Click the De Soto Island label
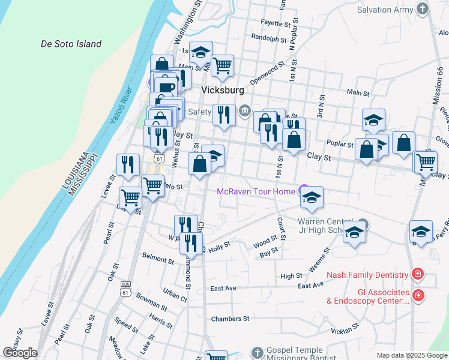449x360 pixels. (71, 44)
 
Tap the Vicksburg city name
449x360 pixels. (222, 90)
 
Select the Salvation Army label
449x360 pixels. (384, 10)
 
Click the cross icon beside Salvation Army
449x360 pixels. (423, 9)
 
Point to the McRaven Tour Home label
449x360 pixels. (256, 191)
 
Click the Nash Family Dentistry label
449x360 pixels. (367, 275)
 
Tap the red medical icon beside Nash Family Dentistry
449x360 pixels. (418, 275)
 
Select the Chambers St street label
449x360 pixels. (230, 319)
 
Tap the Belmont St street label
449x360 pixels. (158, 259)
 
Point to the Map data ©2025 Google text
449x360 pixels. (411, 355)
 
